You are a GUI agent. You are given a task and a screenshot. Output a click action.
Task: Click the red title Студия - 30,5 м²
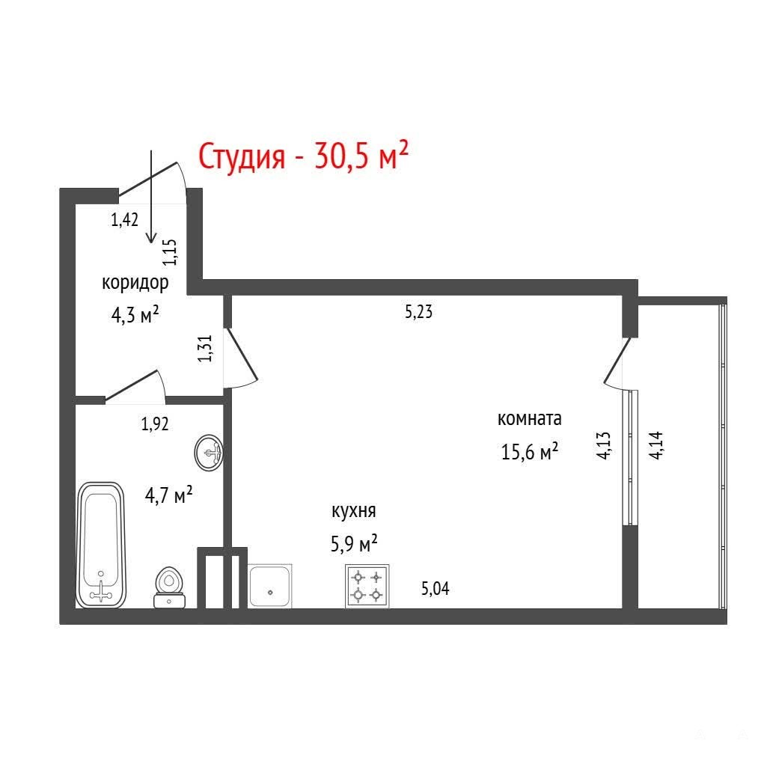(x=303, y=155)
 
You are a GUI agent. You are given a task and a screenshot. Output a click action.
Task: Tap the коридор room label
(x=135, y=283)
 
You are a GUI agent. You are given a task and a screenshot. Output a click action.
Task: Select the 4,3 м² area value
(x=135, y=315)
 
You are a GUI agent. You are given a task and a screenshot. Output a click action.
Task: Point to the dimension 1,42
(x=125, y=220)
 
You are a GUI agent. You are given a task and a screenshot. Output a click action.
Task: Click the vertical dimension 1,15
(x=170, y=252)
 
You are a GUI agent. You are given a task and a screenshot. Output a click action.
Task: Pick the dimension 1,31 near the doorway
(x=205, y=349)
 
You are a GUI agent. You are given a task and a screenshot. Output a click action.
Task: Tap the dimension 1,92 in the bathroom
(x=155, y=424)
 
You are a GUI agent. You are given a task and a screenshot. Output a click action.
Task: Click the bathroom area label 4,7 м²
(x=168, y=495)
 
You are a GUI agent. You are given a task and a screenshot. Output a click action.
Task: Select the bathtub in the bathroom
(x=101, y=545)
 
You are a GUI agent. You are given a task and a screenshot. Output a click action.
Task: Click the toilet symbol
(x=169, y=587)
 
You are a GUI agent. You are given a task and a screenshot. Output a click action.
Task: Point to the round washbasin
(x=209, y=453)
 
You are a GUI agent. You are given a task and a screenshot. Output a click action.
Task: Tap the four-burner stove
(x=367, y=586)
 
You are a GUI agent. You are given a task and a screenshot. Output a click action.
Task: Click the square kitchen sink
(x=270, y=586)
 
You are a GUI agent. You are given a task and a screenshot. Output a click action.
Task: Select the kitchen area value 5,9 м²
(x=354, y=543)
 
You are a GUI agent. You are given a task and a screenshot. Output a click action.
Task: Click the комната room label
(x=530, y=418)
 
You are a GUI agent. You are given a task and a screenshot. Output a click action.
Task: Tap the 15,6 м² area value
(x=530, y=452)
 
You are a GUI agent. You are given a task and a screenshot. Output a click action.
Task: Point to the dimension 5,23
(x=418, y=311)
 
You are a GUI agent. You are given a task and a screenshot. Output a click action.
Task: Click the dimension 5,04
(x=435, y=589)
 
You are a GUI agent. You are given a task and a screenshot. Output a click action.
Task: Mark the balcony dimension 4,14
(x=655, y=445)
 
